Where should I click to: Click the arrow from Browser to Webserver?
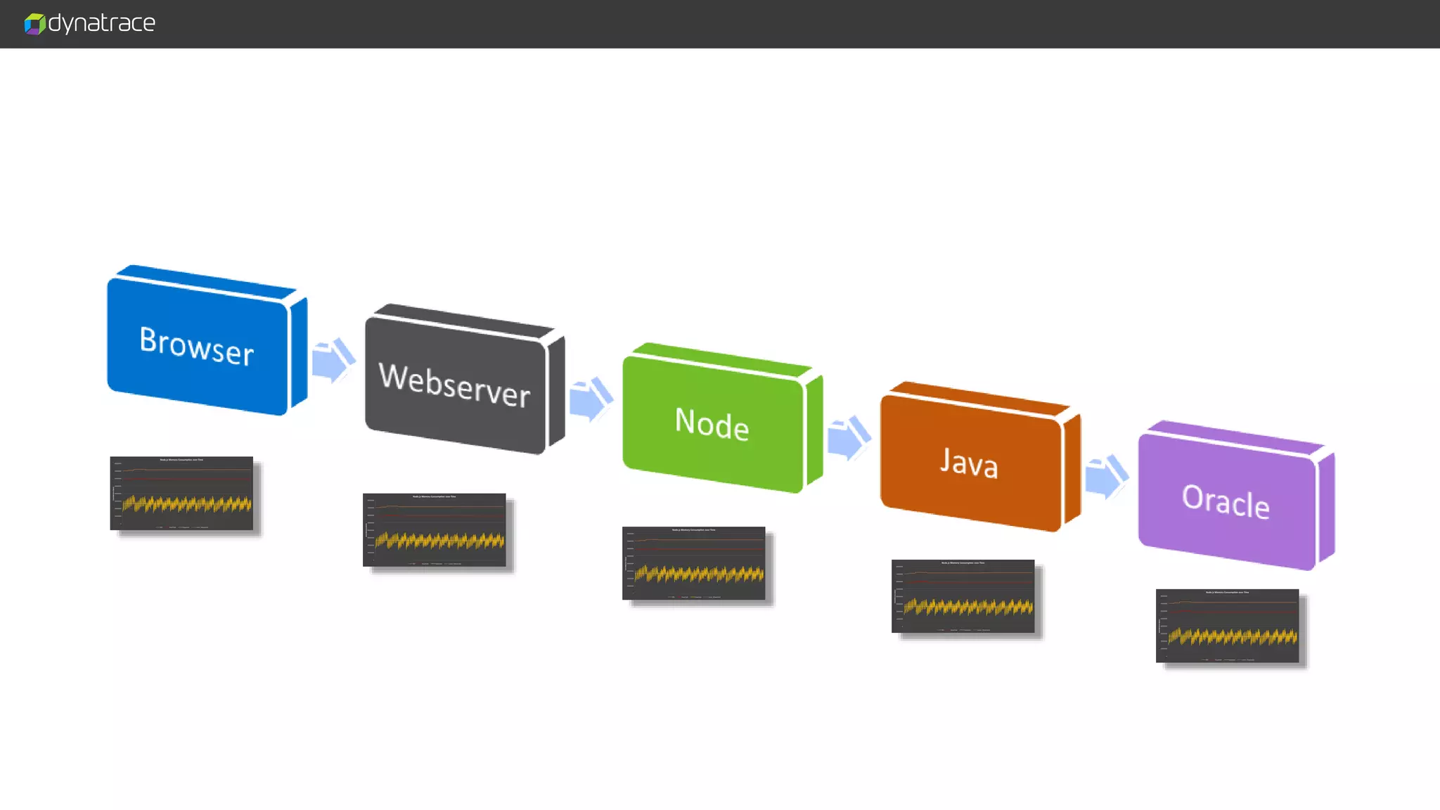333,360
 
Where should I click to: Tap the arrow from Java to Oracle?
1106,476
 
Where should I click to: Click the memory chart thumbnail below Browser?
181,493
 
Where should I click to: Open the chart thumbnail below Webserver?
434,529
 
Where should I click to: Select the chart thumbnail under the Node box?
693,562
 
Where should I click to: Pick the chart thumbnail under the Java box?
963,596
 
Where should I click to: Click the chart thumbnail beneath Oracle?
1227,625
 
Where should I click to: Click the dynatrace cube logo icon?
34,24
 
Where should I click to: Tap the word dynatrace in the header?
102,23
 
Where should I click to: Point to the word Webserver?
454,385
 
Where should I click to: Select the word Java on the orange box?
969,463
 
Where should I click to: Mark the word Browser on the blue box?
196,346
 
